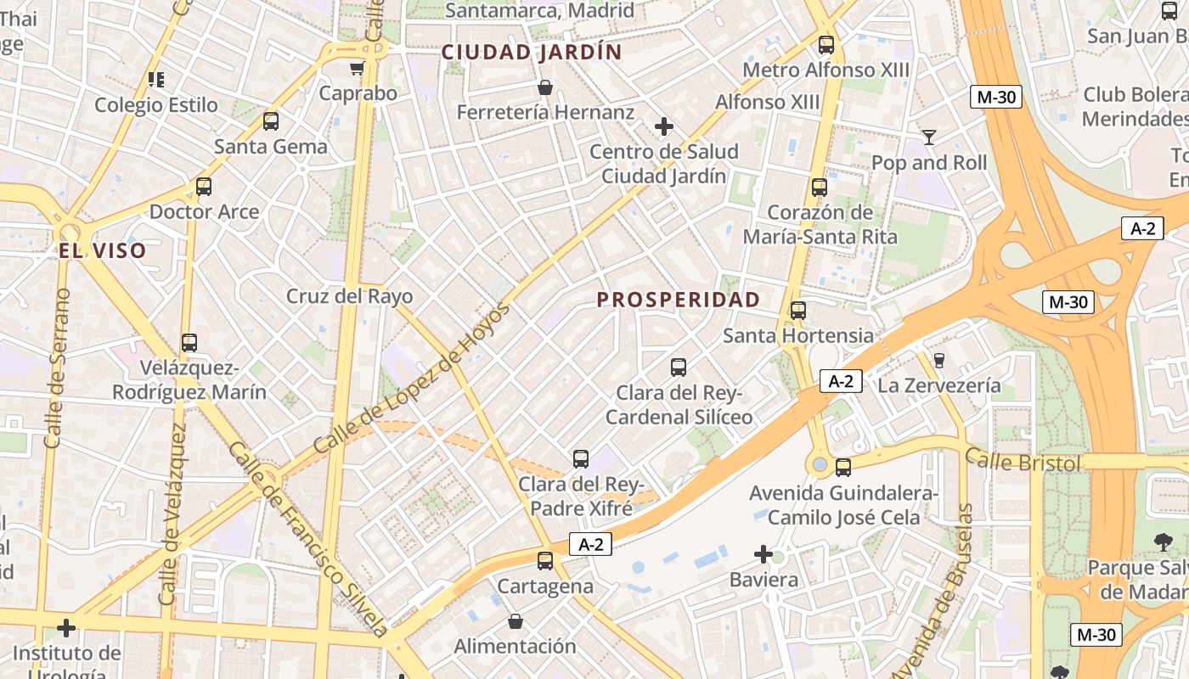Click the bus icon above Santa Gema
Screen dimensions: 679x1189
click(271, 121)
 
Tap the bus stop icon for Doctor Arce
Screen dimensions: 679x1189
click(204, 187)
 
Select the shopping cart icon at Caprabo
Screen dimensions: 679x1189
click(358, 68)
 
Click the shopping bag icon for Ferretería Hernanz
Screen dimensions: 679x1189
click(545, 87)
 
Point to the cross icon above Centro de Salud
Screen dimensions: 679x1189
click(664, 127)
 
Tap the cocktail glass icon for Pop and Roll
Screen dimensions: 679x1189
click(929, 137)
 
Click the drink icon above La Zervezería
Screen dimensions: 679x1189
click(938, 361)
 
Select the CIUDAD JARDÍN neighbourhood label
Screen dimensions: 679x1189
click(532, 53)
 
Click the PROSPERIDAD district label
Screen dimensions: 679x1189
click(678, 300)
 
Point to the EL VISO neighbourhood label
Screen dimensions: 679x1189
click(103, 250)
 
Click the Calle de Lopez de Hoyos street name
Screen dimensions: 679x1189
click(412, 378)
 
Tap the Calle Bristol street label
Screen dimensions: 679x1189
click(1023, 463)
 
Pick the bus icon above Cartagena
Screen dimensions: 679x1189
click(545, 561)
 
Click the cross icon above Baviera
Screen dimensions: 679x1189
click(764, 555)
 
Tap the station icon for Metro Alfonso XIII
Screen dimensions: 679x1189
click(826, 45)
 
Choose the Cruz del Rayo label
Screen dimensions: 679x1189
click(349, 296)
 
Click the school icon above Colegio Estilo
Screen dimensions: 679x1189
click(156, 80)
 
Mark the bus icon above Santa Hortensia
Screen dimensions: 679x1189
click(798, 311)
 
